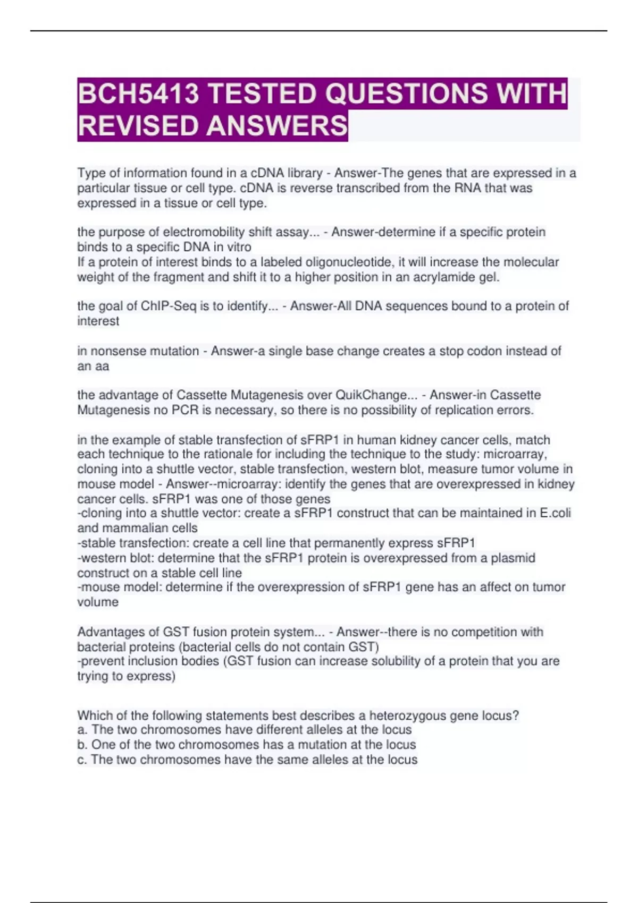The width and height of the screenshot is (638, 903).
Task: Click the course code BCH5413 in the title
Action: coord(139,94)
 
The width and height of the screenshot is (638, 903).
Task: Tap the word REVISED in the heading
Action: coord(138,126)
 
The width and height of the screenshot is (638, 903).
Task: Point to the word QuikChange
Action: coord(371,395)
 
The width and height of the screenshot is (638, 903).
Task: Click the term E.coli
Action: coord(555,513)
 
